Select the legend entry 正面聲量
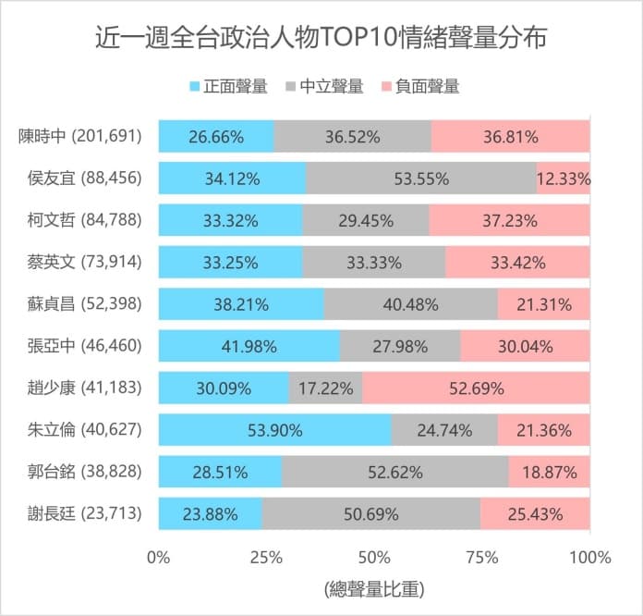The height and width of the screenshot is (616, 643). pos(228,87)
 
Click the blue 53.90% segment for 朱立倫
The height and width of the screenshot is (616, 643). pos(274,430)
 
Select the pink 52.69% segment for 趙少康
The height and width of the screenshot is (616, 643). pos(476,388)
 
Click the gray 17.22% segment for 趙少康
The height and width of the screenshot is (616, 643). pos(325,388)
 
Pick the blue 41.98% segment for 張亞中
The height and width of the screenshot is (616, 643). pos(249,347)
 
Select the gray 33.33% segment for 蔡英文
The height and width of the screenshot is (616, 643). pos(374,263)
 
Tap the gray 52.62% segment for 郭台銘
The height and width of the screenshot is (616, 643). pos(394,472)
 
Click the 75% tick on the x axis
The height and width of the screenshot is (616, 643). pos(482,558)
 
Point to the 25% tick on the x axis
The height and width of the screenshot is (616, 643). pos(266,558)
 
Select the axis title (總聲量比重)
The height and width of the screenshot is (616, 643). pos(374,588)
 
